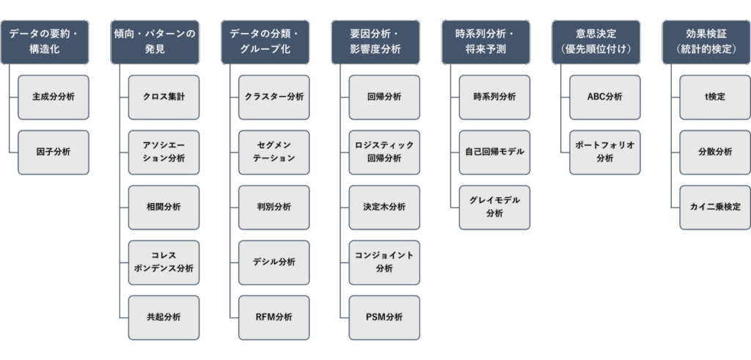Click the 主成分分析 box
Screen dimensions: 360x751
tap(53, 97)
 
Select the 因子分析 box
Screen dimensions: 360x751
tap(53, 152)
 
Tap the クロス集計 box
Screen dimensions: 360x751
tap(164, 97)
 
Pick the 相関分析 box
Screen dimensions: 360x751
tap(164, 207)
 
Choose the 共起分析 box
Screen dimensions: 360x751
tap(164, 317)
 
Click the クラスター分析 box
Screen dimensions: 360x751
tap(274, 97)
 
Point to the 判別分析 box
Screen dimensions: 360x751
tap(274, 207)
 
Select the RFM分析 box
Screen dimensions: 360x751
tap(274, 317)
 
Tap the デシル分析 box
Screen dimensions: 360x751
tap(274, 262)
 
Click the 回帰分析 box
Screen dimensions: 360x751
tap(384, 97)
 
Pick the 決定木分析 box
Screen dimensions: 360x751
tap(384, 207)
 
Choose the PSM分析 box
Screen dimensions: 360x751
tap(384, 317)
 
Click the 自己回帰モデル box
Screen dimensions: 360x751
tap(494, 152)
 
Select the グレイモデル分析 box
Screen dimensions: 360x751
tap(494, 207)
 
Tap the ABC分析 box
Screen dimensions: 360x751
tap(605, 97)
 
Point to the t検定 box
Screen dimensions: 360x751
tap(715, 97)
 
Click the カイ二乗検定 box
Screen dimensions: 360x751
tap(715, 207)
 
